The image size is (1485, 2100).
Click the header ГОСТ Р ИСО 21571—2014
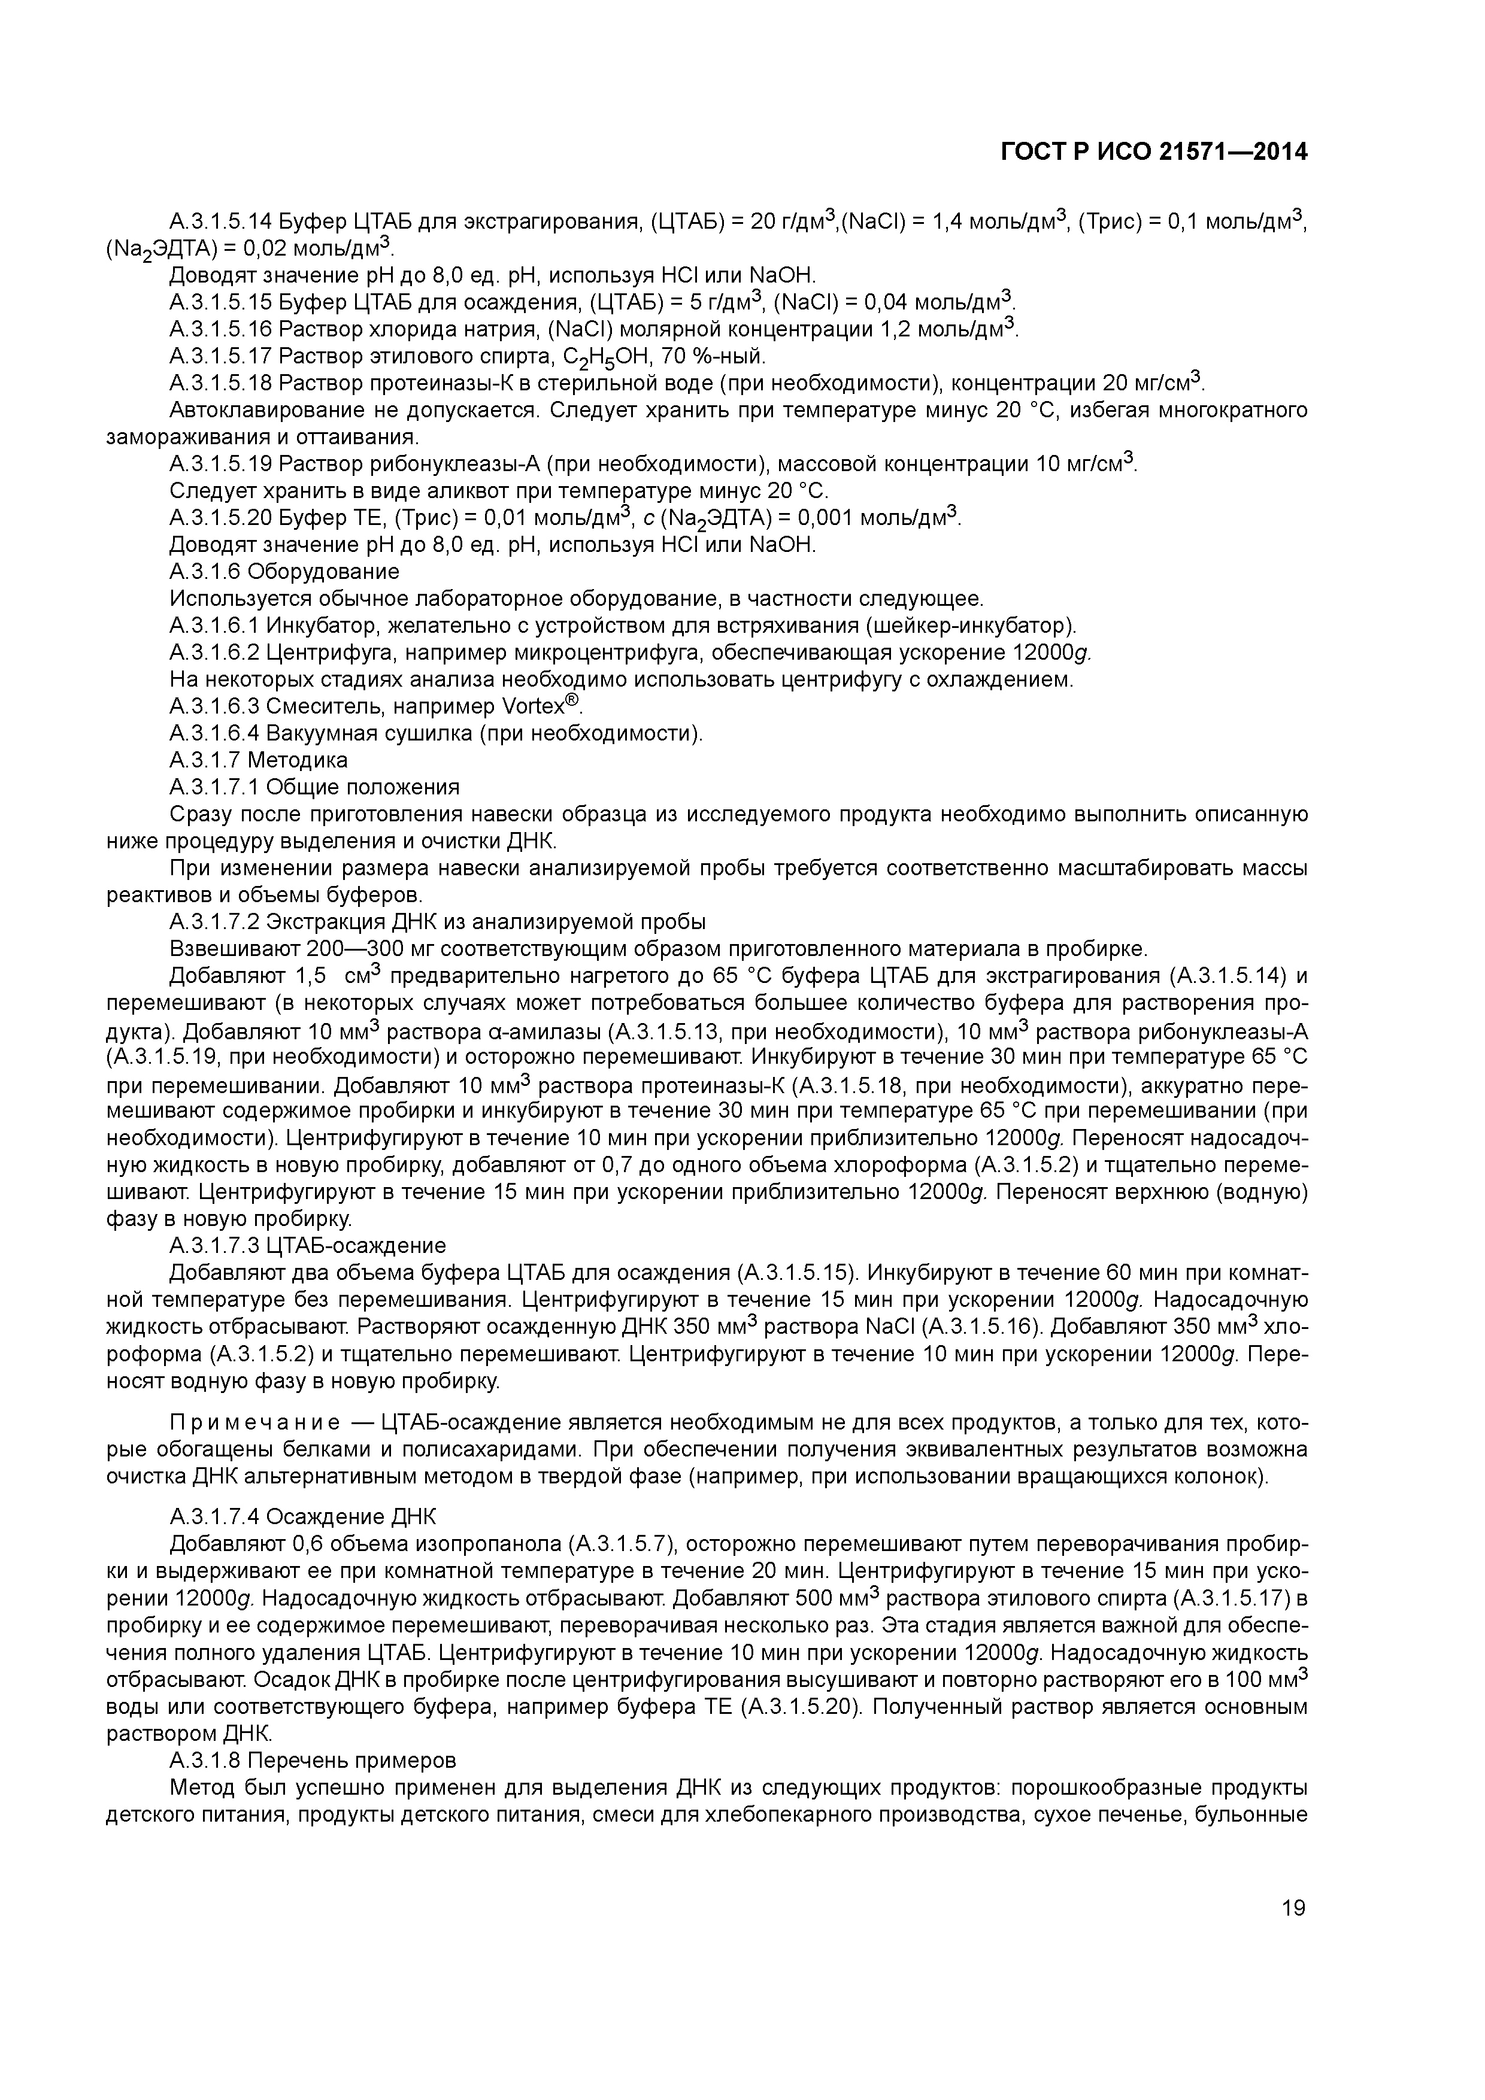1154,153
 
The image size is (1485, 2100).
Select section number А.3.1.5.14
222,221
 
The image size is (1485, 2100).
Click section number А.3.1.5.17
222,356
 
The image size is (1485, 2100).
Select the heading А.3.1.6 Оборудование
284,572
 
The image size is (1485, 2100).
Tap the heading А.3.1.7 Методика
259,760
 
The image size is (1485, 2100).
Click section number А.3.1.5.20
222,518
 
